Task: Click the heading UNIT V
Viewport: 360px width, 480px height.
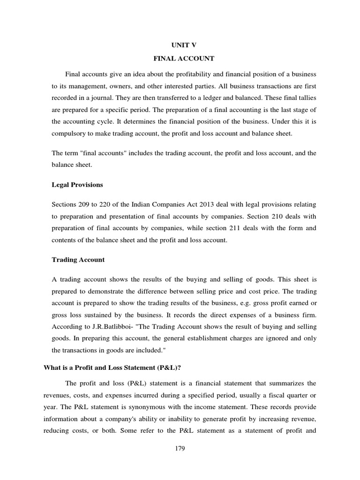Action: coord(180,45)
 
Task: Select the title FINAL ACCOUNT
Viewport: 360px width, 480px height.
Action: coord(180,59)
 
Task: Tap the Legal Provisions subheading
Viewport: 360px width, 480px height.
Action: coord(77,185)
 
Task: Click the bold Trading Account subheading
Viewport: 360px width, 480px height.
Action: coord(78,259)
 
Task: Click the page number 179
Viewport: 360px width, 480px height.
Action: coord(180,449)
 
